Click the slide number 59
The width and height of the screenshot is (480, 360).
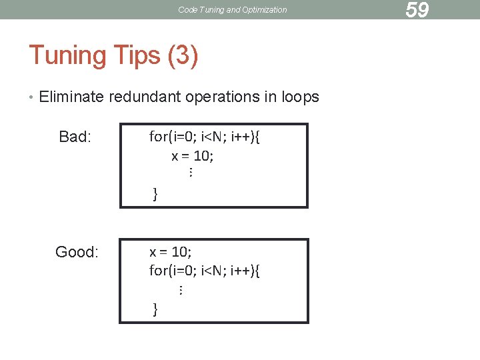tap(417, 10)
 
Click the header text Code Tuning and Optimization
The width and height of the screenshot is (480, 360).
tap(233, 10)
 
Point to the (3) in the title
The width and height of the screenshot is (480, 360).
tap(183, 55)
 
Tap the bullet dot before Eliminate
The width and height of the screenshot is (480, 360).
tap(31, 97)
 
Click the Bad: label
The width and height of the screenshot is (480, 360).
tap(75, 137)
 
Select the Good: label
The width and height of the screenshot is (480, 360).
tap(77, 252)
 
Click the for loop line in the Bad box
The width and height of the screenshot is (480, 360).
tap(205, 137)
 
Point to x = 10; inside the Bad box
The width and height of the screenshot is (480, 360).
tap(193, 156)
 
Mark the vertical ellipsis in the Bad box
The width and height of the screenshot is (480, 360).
tap(190, 173)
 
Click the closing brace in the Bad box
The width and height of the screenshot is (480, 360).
tap(155, 194)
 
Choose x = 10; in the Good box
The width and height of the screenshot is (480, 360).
tap(170, 252)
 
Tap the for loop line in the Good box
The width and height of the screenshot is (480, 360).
tap(205, 271)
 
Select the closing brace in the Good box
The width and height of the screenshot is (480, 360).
tap(155, 309)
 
